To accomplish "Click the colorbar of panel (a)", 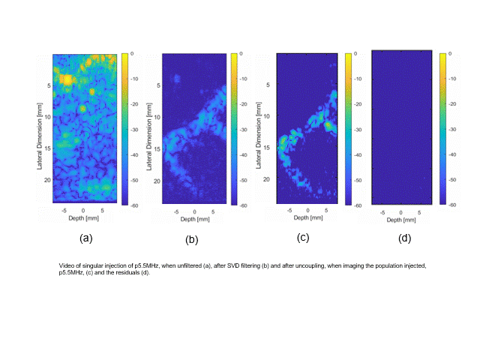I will (x=124, y=128).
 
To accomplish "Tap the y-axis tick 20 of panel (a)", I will (x=46, y=181).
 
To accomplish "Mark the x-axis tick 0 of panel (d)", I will (x=401, y=212).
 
